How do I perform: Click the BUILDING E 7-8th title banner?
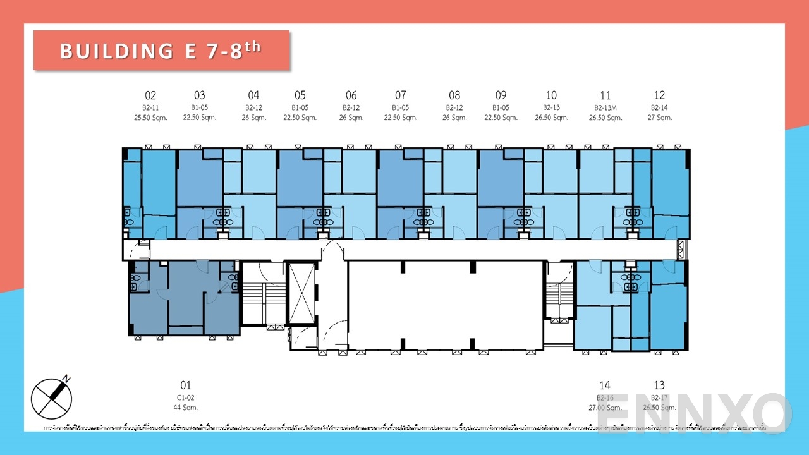[161, 51]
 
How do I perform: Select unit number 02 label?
[150, 95]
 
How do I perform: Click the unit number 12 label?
[659, 95]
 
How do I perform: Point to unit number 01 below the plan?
[185, 385]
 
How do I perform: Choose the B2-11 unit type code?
[150, 107]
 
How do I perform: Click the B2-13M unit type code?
[605, 107]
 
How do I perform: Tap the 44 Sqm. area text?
[185, 408]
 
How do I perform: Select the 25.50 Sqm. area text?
[150, 118]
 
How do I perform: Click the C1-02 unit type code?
[185, 397]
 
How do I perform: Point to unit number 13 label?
[659, 385]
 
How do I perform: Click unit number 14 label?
[605, 385]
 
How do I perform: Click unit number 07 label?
[401, 95]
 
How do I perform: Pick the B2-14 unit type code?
[659, 107]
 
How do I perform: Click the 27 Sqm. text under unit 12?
[659, 118]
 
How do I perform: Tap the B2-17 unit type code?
[659, 397]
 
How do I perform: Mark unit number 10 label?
[551, 95]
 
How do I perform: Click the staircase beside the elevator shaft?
[264, 294]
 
